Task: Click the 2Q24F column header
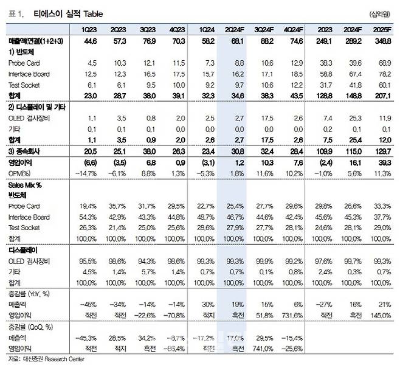click(238, 29)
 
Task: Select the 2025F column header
click(380, 29)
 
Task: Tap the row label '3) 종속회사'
click(28, 151)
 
